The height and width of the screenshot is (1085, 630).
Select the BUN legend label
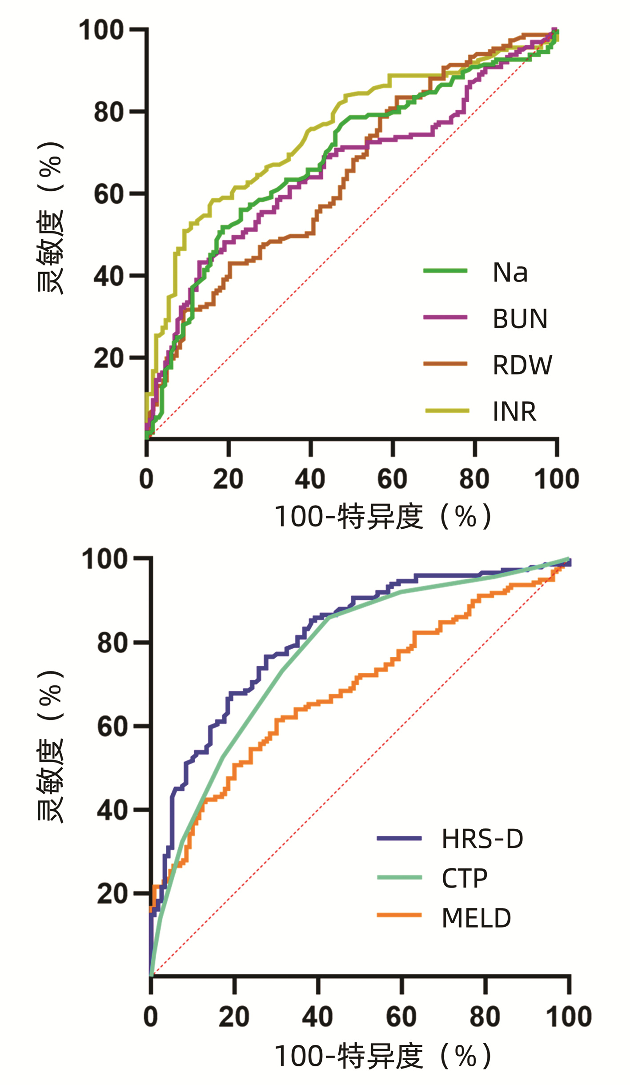pos(520,319)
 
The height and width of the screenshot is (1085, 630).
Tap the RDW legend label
pos(522,365)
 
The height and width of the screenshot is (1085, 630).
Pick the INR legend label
pos(514,411)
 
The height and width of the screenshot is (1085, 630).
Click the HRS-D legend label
pos(482,839)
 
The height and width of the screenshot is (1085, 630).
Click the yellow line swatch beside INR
pos(446,411)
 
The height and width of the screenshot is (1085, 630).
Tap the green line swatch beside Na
pos(445,271)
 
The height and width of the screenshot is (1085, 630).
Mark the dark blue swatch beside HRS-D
pos(399,838)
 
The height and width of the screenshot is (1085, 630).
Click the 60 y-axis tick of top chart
pos(108,194)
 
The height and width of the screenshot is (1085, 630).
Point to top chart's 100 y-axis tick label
pos(101,30)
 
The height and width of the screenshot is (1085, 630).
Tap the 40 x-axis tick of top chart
pos(310,479)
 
